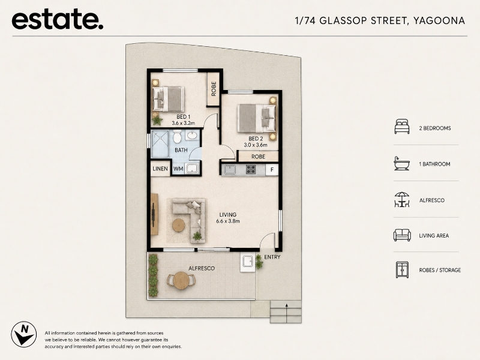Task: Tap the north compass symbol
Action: (23, 334)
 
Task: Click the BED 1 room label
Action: (184, 116)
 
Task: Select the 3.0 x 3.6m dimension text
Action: (256, 145)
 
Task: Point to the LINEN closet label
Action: (160, 169)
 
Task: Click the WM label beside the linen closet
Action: (178, 169)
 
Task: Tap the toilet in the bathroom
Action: (177, 136)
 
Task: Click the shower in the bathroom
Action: (160, 144)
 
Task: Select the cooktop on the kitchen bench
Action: (251, 169)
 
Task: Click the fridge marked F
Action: (272, 169)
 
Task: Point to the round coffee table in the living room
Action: (178, 226)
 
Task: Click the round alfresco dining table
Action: (181, 280)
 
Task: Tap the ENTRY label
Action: (272, 257)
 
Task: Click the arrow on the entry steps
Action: (287, 313)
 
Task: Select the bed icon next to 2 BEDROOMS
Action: (402, 127)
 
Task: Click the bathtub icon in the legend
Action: (401, 163)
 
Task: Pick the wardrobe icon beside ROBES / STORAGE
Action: (402, 269)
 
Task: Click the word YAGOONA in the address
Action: (439, 20)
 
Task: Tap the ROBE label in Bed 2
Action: (258, 157)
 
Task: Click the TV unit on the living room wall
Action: (154, 214)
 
